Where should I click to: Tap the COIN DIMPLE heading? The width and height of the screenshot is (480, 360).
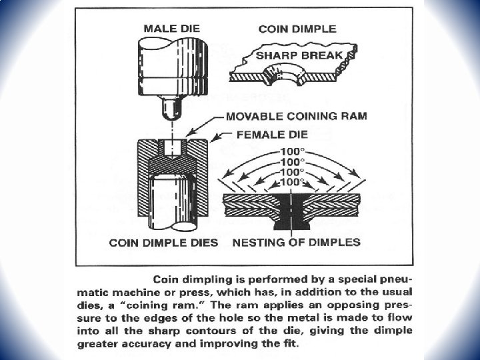click(297, 29)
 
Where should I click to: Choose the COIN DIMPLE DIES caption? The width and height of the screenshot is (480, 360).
click(163, 243)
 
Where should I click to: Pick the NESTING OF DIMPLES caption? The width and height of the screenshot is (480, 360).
click(296, 243)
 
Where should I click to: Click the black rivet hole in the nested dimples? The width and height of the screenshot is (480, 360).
click(292, 207)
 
